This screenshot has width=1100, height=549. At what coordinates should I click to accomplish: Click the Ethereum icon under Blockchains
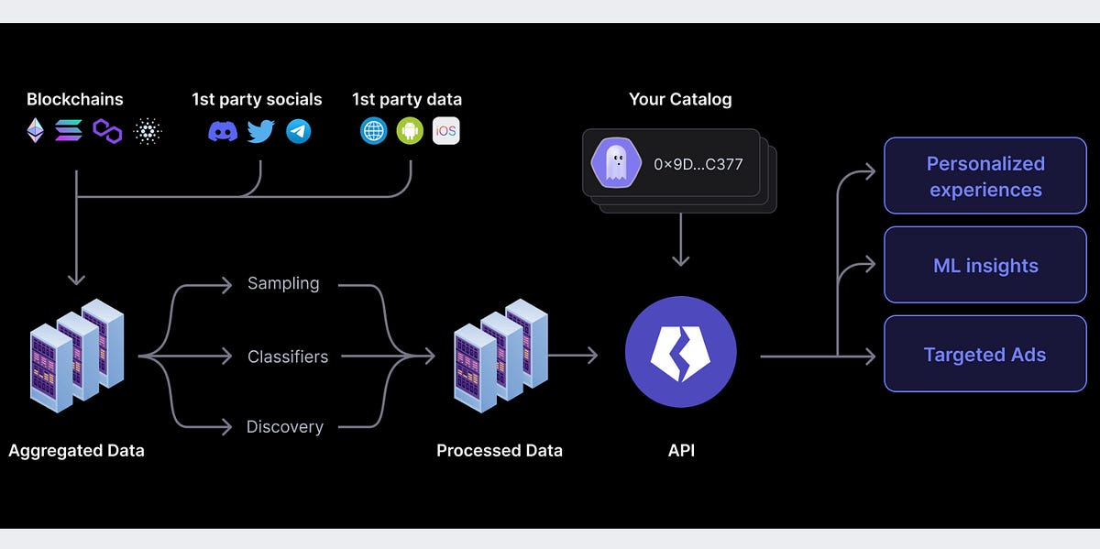tap(36, 131)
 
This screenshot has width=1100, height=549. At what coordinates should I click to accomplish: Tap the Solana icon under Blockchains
tap(69, 131)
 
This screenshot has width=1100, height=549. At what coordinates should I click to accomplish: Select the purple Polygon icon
tap(107, 131)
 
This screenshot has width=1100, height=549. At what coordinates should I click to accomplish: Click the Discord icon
tap(223, 131)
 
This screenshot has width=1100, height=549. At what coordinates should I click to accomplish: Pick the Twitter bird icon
tap(261, 131)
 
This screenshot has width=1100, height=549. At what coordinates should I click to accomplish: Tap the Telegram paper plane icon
tap(298, 131)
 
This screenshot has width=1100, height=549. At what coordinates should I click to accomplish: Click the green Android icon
tap(410, 131)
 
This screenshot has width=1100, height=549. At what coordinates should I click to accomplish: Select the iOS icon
tap(445, 131)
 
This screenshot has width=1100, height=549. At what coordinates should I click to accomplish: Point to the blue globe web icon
tap(373, 131)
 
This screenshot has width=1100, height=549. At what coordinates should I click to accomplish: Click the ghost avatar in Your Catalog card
tap(615, 164)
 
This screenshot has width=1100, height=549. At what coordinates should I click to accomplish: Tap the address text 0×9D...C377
tap(698, 165)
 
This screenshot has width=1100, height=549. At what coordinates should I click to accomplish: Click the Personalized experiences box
tap(984, 176)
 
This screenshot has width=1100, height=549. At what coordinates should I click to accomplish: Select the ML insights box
tap(984, 266)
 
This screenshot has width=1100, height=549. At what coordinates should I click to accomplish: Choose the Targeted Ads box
tap(984, 355)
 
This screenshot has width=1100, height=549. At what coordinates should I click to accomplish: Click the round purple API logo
tap(680, 352)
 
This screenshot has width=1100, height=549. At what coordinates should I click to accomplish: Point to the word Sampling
tap(283, 283)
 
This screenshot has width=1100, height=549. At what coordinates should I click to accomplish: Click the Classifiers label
tap(288, 357)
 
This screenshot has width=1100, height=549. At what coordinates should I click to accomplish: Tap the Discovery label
tap(284, 426)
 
